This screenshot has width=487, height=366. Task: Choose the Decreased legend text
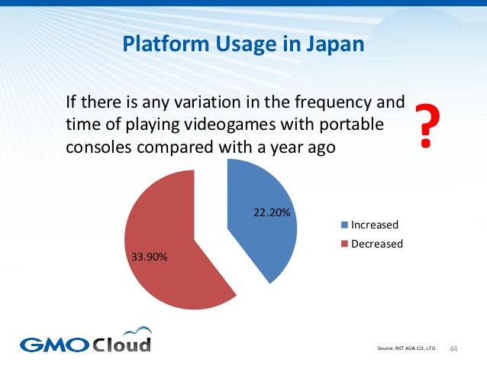click(x=376, y=244)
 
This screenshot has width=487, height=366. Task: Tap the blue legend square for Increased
click(x=344, y=225)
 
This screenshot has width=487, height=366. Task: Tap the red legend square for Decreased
click(x=344, y=245)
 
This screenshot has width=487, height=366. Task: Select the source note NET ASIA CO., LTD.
click(x=408, y=349)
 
